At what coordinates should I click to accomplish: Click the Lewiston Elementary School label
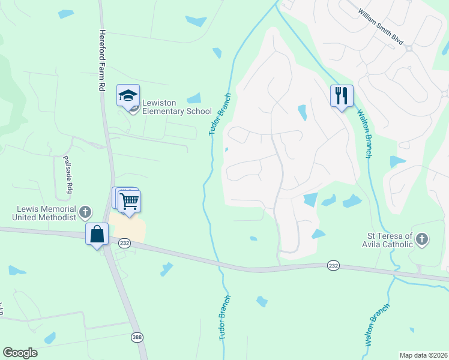pyautogui.click(x=177, y=111)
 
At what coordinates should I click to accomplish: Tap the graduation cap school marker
pyautogui.click(x=128, y=96)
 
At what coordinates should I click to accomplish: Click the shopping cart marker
pyautogui.click(x=130, y=202)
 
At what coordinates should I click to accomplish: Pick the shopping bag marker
pyautogui.click(x=97, y=235)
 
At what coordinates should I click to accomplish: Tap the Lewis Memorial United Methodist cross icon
pyautogui.click(x=85, y=212)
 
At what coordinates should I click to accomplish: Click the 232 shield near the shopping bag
pyautogui.click(x=124, y=242)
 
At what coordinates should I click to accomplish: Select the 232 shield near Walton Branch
pyautogui.click(x=334, y=265)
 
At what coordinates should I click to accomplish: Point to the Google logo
pyautogui.click(x=20, y=353)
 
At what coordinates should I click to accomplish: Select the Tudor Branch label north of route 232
pyautogui.click(x=220, y=114)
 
